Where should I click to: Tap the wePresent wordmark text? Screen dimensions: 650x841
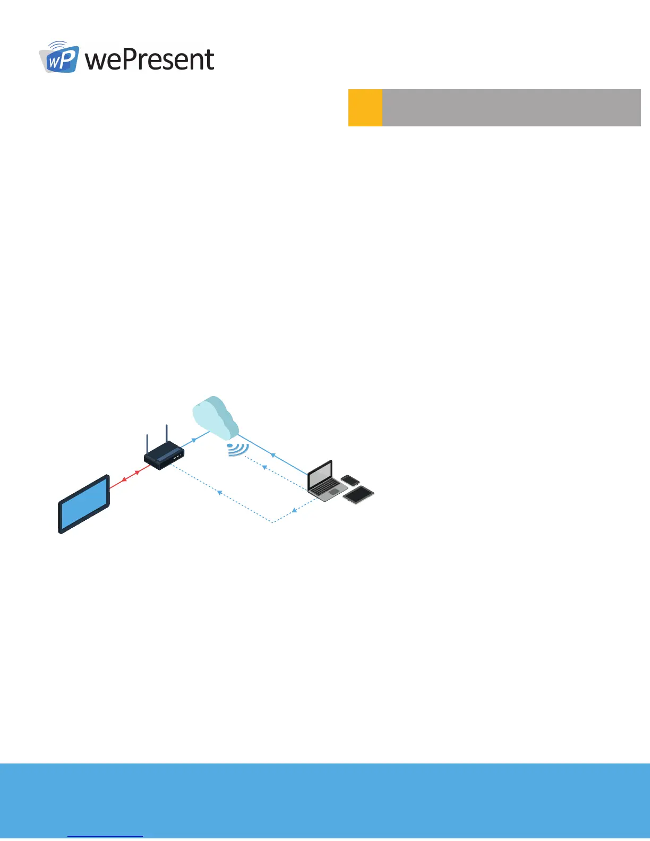point(150,59)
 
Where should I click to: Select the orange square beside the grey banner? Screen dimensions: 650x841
point(365,108)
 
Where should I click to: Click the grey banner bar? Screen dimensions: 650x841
point(511,108)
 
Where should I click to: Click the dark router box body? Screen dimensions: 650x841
point(164,456)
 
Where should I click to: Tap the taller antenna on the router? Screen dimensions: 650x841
point(166,434)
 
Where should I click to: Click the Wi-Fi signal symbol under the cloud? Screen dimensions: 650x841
point(237,449)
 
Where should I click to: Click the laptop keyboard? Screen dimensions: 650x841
point(327,490)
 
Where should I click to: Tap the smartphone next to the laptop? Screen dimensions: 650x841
point(350,480)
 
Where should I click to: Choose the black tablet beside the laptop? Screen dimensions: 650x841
point(358,494)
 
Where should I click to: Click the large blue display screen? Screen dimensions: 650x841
point(84,503)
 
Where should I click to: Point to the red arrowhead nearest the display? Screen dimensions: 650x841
point(124,479)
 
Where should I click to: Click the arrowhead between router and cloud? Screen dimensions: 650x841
point(194,440)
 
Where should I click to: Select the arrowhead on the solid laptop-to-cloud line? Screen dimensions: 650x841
point(273,455)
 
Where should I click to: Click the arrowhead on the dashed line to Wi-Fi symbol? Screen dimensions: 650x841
point(264,467)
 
